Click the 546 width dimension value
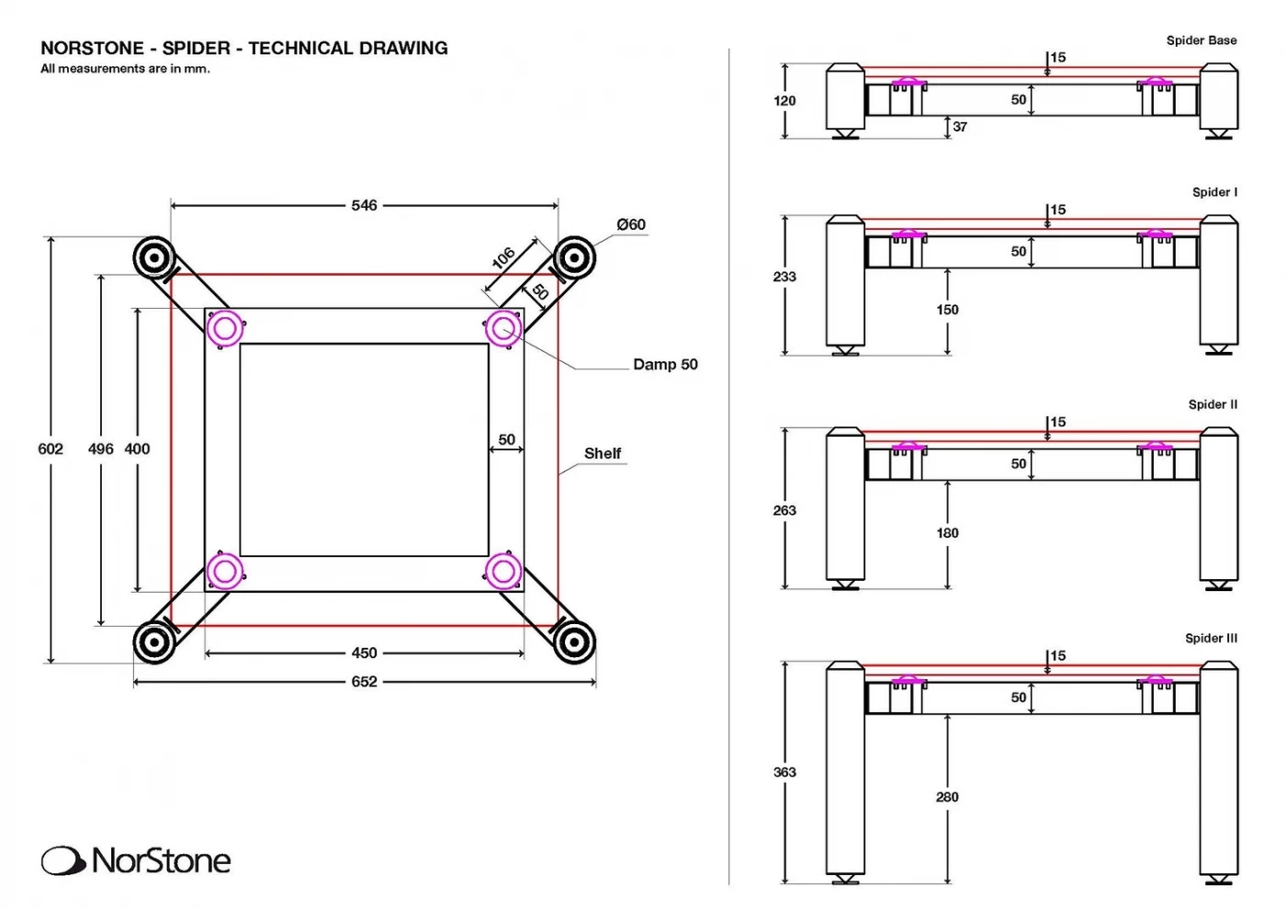(x=364, y=205)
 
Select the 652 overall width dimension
(x=364, y=681)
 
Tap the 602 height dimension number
(x=51, y=449)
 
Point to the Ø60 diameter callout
(x=631, y=224)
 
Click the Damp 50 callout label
(x=665, y=364)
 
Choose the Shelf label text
(x=603, y=453)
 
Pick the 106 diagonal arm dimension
(x=503, y=258)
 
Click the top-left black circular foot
(x=154, y=258)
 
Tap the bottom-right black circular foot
(x=574, y=642)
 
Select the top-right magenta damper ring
(x=503, y=328)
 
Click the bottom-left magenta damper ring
(x=225, y=572)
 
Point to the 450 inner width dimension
(x=364, y=653)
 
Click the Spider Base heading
(x=1201, y=40)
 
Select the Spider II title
(x=1213, y=404)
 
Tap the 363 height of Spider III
(x=784, y=772)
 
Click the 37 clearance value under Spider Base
(x=960, y=127)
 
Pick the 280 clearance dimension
(x=947, y=797)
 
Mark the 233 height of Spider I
(x=784, y=276)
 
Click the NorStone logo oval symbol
(x=62, y=861)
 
